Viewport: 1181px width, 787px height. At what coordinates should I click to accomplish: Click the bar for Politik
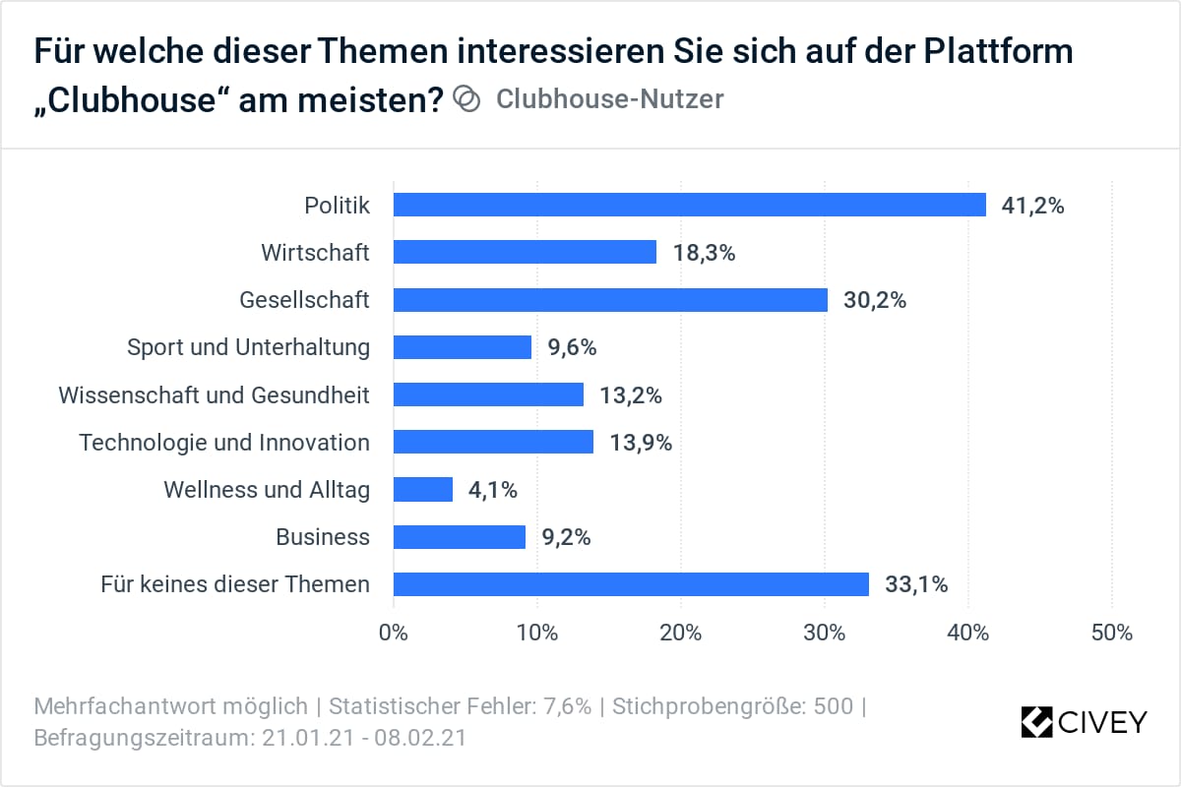689,205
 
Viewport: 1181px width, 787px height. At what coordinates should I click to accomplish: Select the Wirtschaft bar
525,252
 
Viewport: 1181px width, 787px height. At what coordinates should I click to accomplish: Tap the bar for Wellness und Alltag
423,489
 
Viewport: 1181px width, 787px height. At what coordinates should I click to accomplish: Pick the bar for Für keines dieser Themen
631,584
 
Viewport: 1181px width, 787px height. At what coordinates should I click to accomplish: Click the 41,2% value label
1033,206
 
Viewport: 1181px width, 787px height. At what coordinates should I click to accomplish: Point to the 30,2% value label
875,300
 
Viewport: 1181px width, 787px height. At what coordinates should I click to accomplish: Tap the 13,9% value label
641,443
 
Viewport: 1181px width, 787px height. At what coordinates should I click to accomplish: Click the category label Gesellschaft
305,300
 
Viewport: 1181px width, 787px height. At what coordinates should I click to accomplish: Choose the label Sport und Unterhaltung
249,347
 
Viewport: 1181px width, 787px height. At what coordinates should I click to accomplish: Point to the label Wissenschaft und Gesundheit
215,394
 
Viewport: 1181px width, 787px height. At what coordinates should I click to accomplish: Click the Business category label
323,537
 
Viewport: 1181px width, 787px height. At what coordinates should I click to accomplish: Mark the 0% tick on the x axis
394,633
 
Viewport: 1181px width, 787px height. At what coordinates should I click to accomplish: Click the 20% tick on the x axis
681,633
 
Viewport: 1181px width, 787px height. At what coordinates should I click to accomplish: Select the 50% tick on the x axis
1112,633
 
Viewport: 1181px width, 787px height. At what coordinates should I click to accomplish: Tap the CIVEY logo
1084,722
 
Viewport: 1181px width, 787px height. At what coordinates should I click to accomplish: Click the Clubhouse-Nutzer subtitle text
609,99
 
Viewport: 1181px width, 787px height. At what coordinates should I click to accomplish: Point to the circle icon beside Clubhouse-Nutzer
466,99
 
